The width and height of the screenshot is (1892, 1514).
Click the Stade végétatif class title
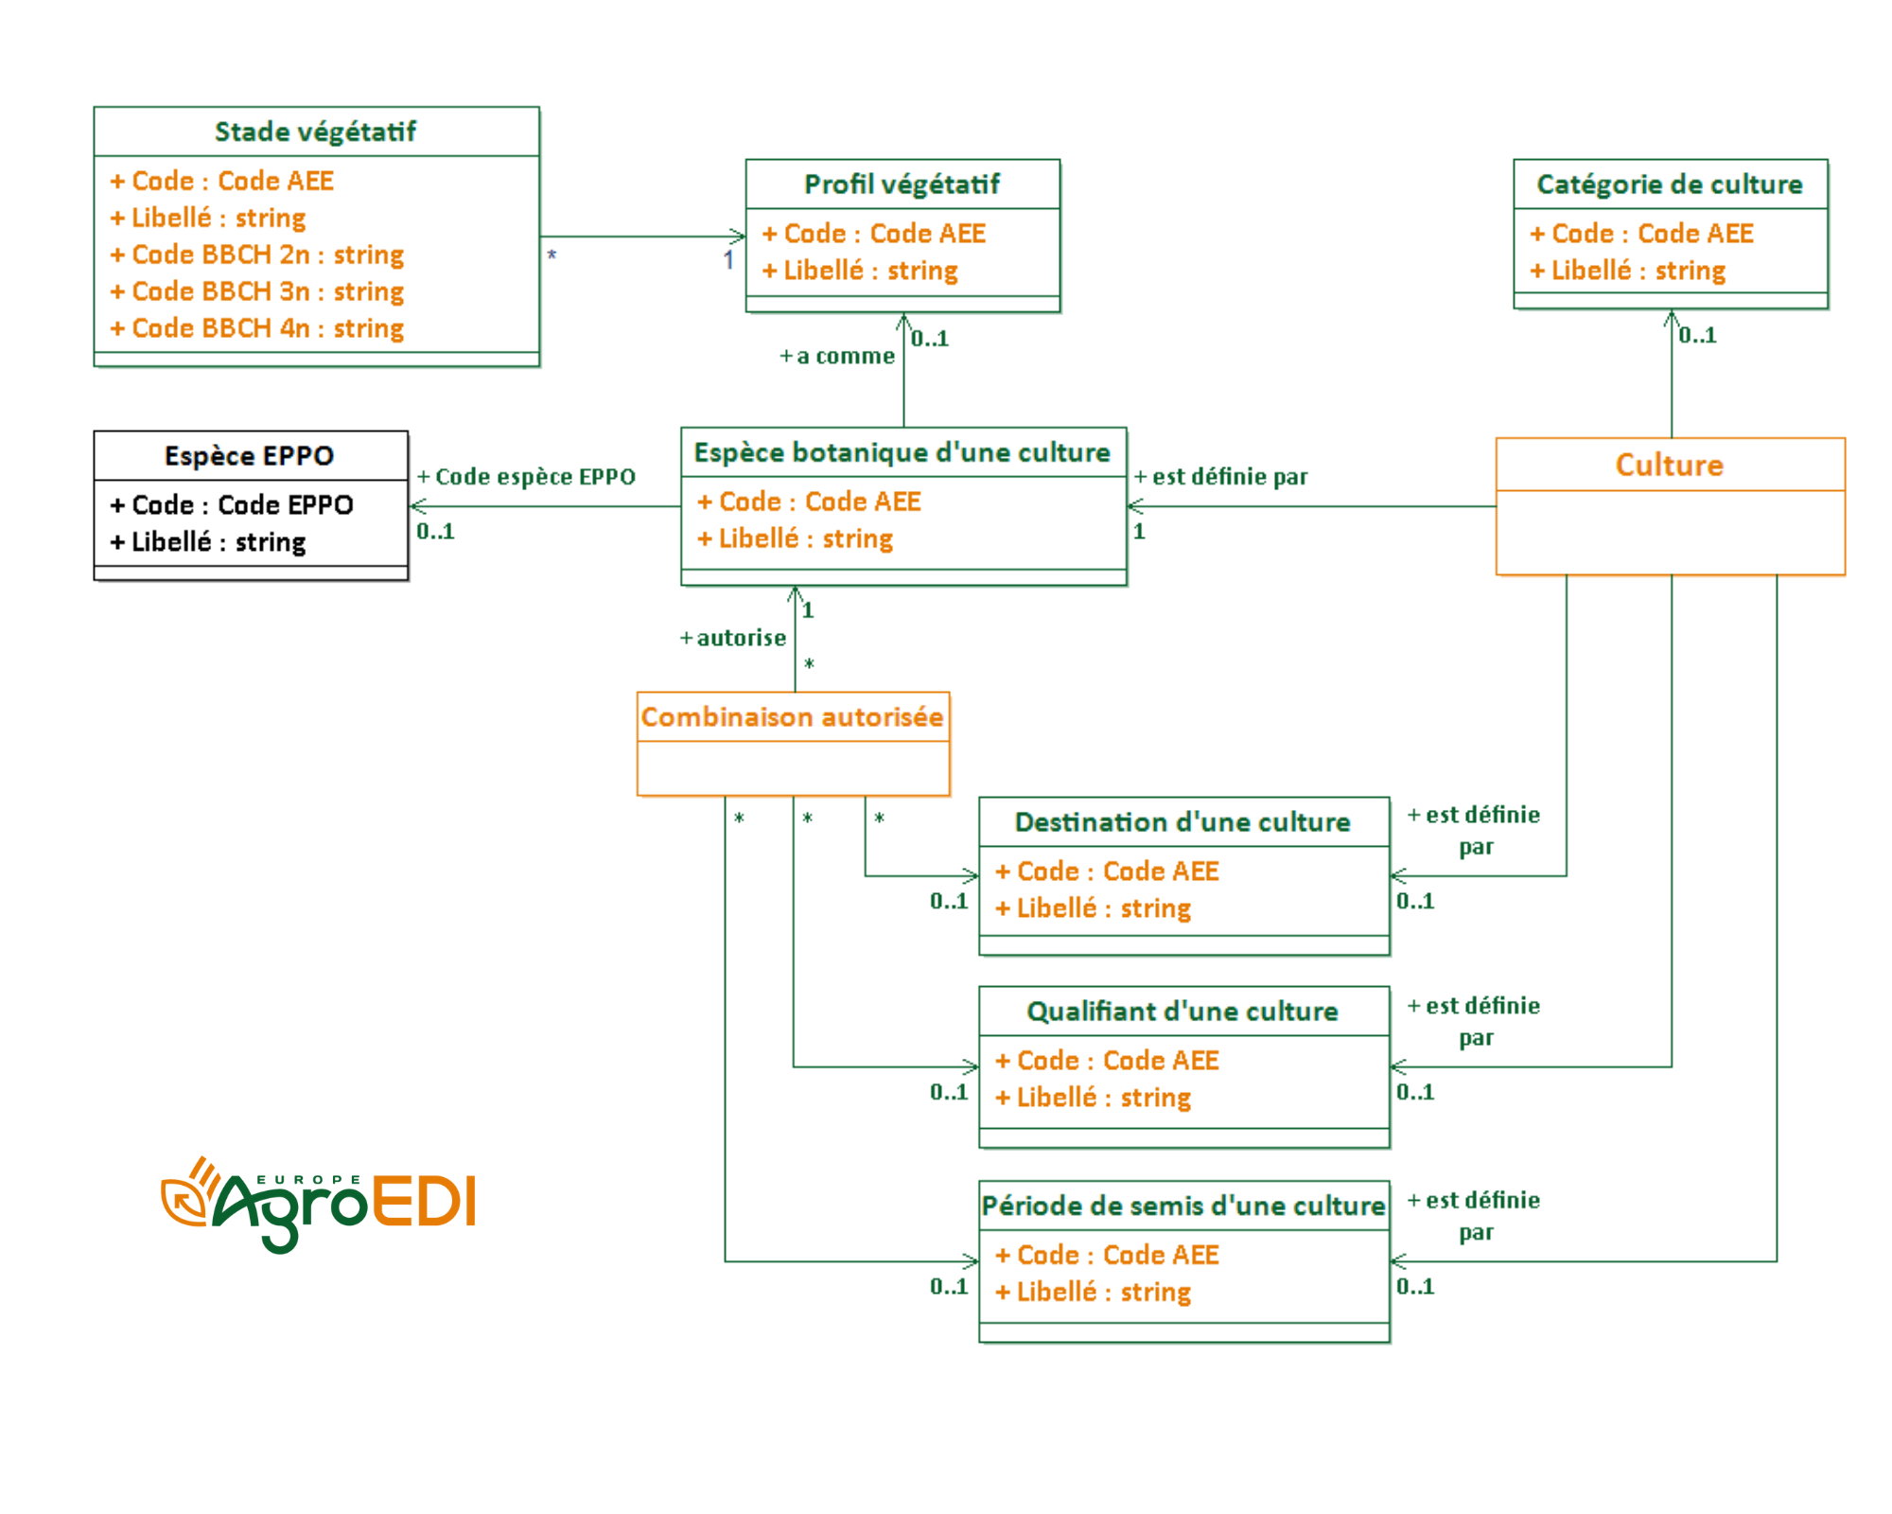pos(315,132)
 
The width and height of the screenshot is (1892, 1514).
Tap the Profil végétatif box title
pos(902,185)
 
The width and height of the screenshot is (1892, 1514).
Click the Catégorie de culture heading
pos(1670,185)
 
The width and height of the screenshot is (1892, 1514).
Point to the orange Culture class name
pos(1670,465)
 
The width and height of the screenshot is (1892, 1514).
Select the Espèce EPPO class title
pos(250,456)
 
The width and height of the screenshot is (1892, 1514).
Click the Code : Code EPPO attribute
pos(233,505)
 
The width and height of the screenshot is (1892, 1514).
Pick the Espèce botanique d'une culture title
pos(902,452)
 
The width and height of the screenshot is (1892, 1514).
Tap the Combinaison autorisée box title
pos(793,717)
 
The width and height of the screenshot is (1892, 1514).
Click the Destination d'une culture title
pos(1182,822)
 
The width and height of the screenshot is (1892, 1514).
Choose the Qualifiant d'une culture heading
pos(1182,1012)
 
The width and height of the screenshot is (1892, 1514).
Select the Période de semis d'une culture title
pos(1182,1206)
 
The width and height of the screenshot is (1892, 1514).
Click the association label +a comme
pos(837,357)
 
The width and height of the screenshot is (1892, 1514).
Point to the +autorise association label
pos(733,639)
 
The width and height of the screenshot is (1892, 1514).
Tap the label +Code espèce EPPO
pos(527,477)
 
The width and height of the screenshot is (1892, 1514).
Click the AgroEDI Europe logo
pos(320,1204)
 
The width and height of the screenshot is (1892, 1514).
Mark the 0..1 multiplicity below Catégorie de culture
pos(1697,335)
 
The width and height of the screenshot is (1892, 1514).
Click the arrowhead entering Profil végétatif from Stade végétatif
pos(737,237)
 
